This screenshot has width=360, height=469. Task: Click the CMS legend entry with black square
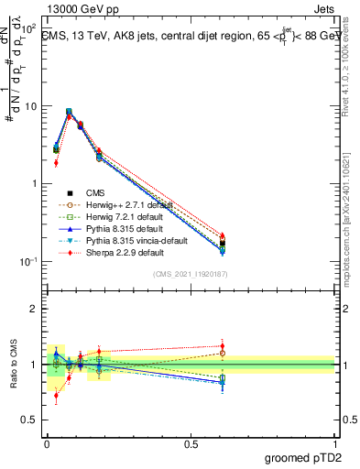[x=96, y=193]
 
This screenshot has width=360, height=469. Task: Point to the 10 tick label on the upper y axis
[x=28, y=106]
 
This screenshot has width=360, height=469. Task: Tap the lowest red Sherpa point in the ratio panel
[x=56, y=397]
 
